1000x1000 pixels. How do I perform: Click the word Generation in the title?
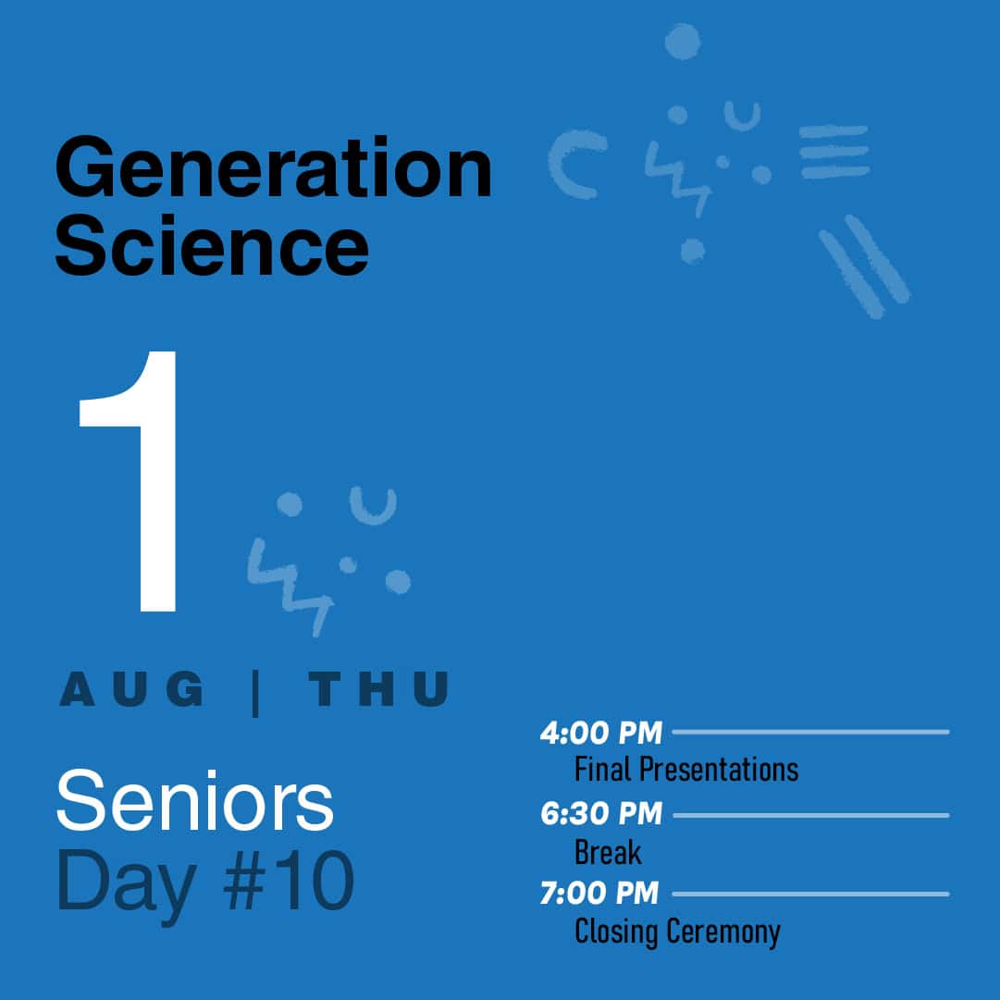274,167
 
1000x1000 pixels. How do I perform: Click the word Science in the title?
212,245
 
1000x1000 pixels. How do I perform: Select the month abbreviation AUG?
132,689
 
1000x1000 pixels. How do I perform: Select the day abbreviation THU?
379,689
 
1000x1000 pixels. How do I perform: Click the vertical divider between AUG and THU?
255,693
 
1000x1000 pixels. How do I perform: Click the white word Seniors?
195,800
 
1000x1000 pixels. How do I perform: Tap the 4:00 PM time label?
600,733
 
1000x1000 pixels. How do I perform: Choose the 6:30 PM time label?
600,814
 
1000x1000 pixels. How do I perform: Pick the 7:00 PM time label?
599,893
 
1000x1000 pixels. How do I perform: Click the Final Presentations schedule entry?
686,769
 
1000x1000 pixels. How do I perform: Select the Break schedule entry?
608,852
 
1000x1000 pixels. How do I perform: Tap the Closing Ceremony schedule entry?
677,932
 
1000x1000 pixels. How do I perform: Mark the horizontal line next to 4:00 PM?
810,732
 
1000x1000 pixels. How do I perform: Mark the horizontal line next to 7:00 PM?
810,895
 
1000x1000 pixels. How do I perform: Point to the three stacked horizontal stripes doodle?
834,152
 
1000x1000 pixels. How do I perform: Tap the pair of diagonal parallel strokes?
865,266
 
